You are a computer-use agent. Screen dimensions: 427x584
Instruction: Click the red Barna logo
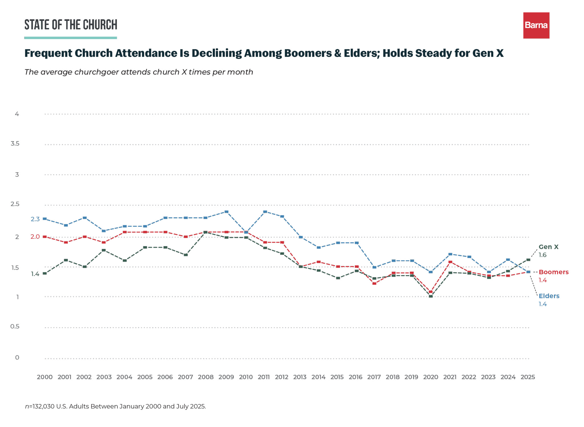click(x=536, y=25)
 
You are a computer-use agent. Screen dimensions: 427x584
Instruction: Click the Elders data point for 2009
click(x=226, y=212)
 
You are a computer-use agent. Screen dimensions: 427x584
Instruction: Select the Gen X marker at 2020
click(x=431, y=296)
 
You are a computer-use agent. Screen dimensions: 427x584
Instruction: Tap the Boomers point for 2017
click(x=374, y=283)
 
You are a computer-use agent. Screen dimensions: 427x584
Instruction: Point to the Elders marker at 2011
click(x=265, y=212)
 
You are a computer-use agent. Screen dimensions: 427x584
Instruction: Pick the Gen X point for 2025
click(x=528, y=260)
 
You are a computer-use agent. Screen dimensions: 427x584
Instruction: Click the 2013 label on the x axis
click(x=300, y=377)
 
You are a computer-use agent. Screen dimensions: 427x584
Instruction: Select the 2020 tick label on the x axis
click(x=431, y=377)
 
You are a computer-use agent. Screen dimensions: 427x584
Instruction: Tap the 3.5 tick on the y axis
click(x=15, y=144)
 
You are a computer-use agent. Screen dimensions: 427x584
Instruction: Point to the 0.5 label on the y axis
click(x=15, y=326)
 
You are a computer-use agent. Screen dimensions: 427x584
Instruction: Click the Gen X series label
click(x=548, y=247)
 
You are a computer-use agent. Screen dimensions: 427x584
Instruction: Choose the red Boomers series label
click(x=553, y=272)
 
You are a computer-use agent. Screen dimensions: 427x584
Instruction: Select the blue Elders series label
click(x=549, y=296)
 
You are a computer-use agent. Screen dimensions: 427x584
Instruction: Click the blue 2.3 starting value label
click(x=35, y=219)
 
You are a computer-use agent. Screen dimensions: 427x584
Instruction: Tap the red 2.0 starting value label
click(x=35, y=237)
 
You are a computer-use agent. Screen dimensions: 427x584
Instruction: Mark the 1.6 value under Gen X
click(x=542, y=255)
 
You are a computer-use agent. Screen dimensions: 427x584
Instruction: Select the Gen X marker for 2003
click(x=104, y=250)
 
